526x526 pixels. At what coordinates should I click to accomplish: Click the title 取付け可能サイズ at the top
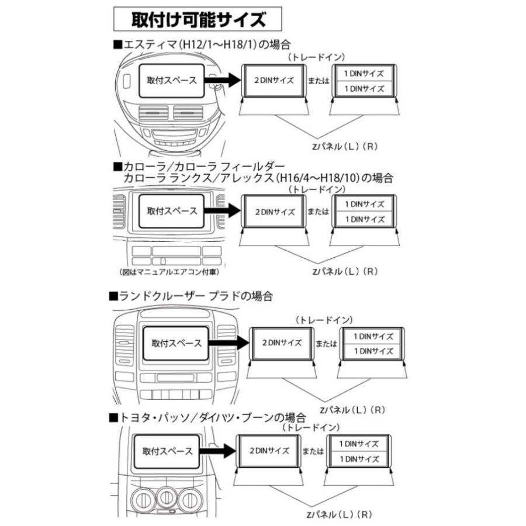coord(198,19)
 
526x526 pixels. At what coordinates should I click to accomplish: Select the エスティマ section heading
coord(202,44)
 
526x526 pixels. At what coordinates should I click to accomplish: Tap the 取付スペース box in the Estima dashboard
coord(171,81)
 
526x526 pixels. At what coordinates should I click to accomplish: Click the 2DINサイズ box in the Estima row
coord(274,81)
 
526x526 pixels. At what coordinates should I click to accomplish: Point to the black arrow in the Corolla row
coord(223,211)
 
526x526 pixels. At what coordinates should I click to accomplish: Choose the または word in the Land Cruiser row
coord(326,344)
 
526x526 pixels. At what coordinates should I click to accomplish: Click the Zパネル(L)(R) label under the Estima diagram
coord(344,147)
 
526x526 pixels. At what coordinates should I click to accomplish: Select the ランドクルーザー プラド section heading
coord(191,296)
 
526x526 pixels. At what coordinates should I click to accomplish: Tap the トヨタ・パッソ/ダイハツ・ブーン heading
coord(207,418)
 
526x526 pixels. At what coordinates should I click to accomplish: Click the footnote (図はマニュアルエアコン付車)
coord(169,272)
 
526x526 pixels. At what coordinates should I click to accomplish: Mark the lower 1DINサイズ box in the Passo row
coord(359,459)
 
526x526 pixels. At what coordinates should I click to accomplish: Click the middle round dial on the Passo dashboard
coord(167,497)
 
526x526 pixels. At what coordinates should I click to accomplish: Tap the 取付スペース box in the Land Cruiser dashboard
coord(176,344)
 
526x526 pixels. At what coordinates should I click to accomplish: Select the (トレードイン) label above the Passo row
coord(311,427)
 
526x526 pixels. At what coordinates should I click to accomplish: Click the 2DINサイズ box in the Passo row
coord(269,451)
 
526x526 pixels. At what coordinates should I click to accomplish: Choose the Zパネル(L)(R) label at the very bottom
coord(339,514)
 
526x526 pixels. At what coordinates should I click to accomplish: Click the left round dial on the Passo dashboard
coord(143,500)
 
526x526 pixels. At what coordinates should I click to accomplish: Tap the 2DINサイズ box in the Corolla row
coord(274,212)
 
